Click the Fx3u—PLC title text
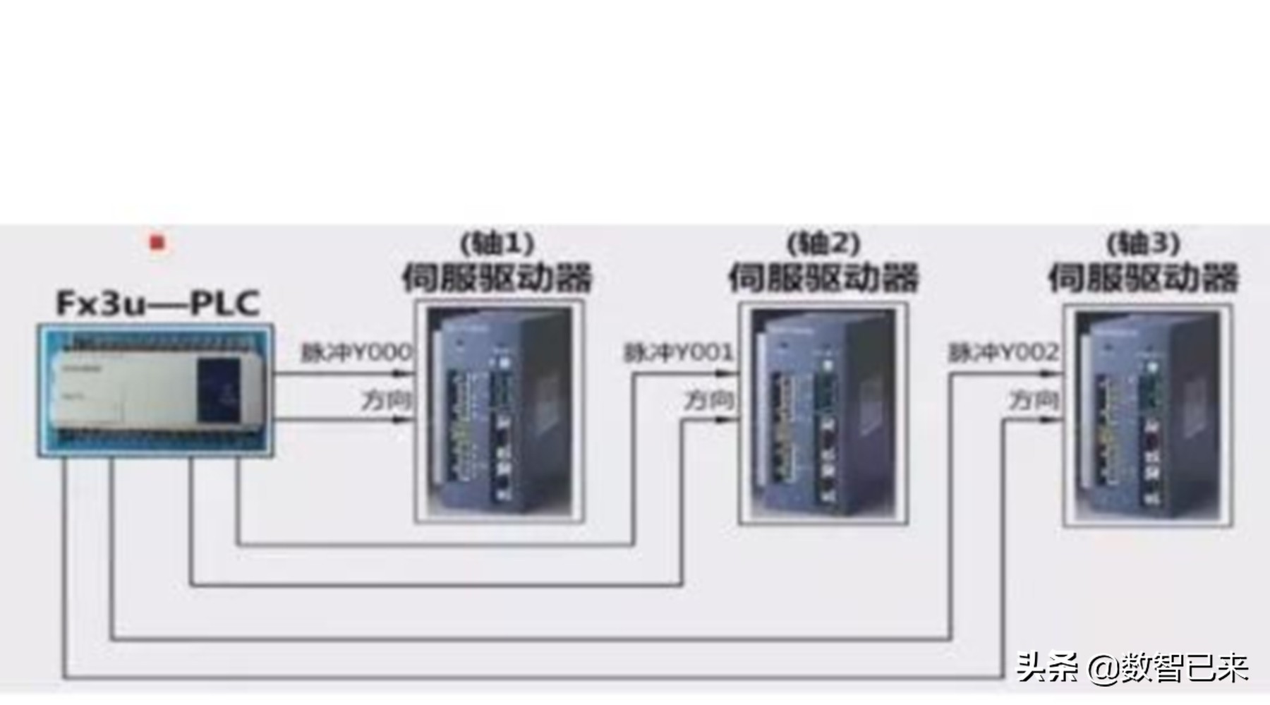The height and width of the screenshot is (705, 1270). click(158, 303)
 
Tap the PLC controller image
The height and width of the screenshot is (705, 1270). click(155, 390)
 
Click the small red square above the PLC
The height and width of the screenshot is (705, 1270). click(157, 243)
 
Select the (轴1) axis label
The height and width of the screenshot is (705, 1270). click(497, 243)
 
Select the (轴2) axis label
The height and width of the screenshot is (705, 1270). click(823, 243)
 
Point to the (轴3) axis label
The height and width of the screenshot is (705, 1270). click(1143, 243)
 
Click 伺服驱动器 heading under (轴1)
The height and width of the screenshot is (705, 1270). click(497, 277)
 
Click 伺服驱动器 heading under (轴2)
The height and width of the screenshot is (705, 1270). click(823, 277)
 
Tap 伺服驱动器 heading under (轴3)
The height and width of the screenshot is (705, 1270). click(1143, 277)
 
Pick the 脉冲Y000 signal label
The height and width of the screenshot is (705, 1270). click(356, 352)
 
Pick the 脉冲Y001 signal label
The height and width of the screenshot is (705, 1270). click(679, 352)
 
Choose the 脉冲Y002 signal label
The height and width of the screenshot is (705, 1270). click(1003, 352)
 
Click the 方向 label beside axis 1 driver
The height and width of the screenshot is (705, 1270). click(386, 400)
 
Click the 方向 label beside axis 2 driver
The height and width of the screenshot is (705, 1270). click(709, 400)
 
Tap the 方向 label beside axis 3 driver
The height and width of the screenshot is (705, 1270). click(1034, 400)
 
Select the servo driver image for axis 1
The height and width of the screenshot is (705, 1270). click(500, 411)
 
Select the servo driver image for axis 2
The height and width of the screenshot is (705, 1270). click(823, 414)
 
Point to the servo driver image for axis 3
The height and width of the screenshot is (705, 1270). click(1148, 416)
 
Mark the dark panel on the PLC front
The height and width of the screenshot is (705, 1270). click(219, 390)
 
